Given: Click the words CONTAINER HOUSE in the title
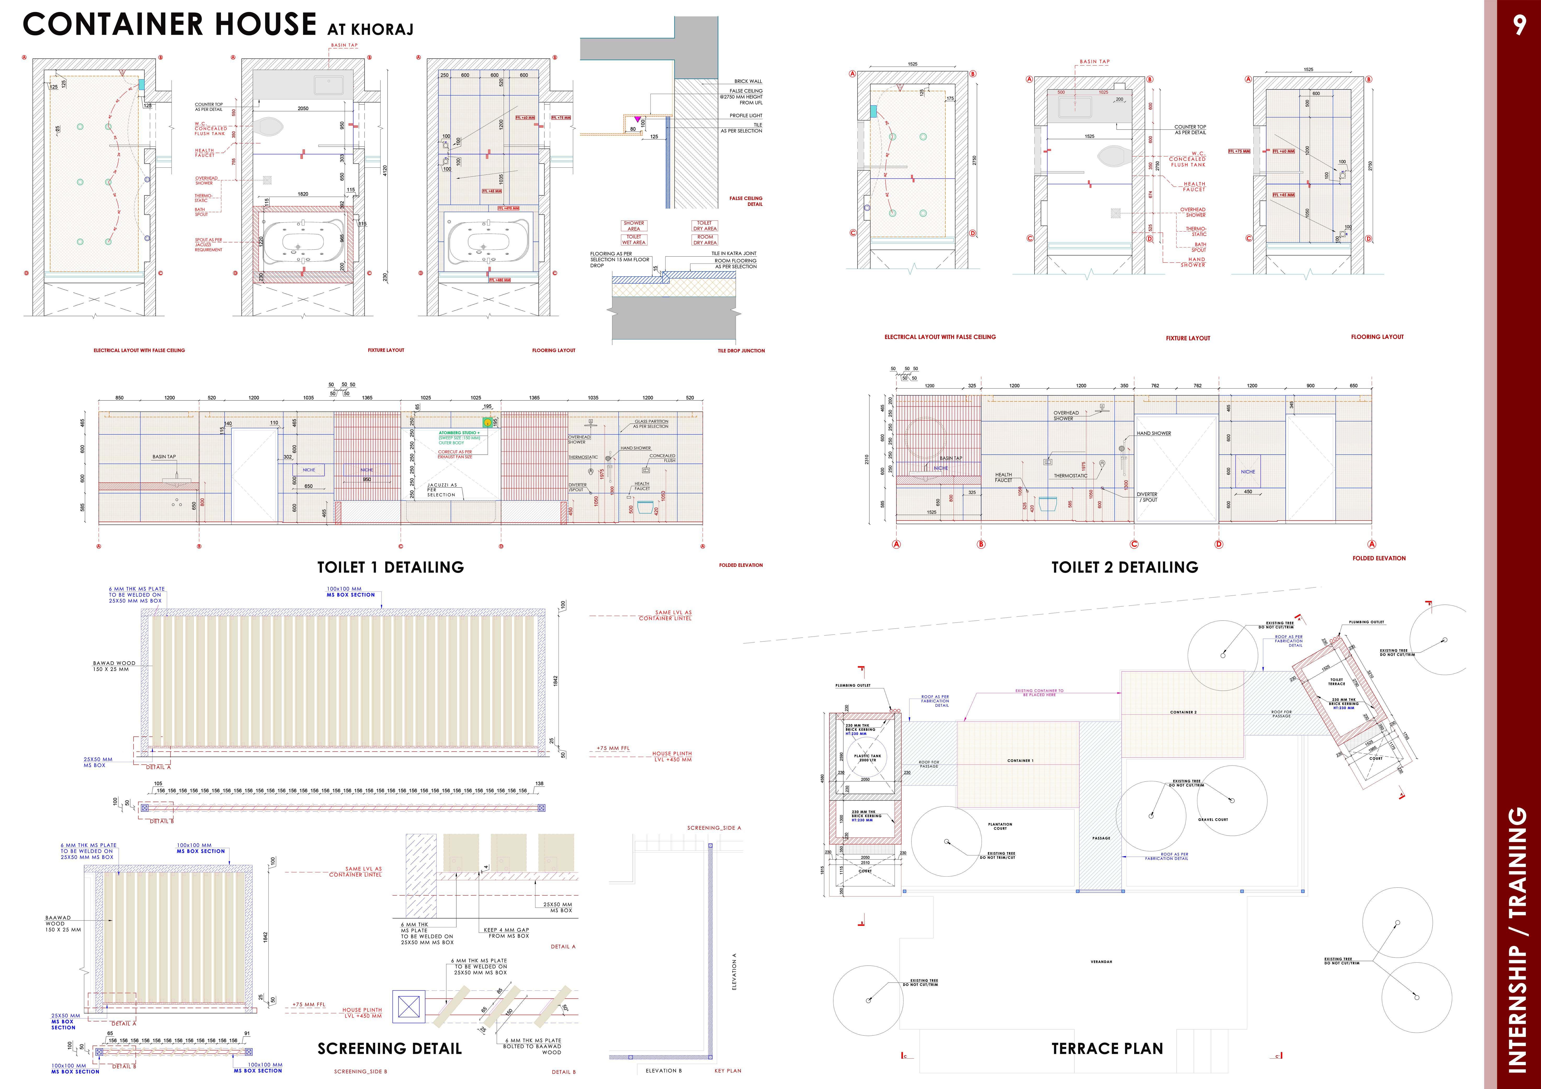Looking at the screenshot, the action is point(169,25).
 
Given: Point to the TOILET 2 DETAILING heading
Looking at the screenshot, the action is point(1124,567).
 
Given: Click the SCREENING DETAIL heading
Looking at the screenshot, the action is point(389,1049).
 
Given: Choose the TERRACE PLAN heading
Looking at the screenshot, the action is point(1107,1049).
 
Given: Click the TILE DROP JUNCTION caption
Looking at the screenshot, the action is point(741,351).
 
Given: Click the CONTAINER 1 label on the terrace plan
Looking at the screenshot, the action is point(1020,761).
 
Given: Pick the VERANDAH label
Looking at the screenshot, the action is point(1101,962).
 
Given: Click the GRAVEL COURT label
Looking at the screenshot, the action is point(1213,820).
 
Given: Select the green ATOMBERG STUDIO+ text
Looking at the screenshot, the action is point(459,433).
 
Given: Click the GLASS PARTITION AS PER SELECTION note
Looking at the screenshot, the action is point(651,424).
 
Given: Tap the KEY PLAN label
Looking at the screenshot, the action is point(727,1071).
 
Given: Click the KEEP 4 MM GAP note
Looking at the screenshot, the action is point(506,933).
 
